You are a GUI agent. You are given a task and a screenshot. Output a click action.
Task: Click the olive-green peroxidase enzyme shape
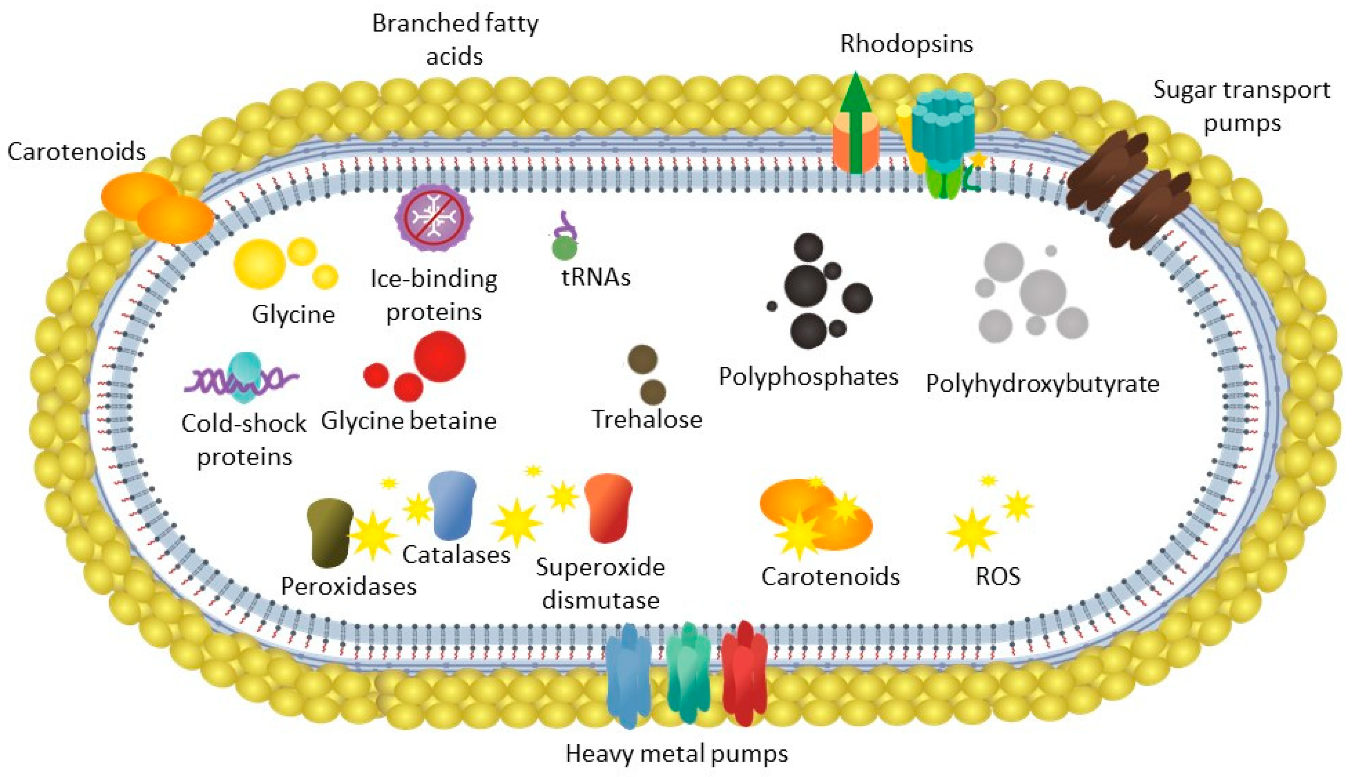(x=329, y=532)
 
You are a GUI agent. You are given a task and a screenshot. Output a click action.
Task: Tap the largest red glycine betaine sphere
(x=439, y=356)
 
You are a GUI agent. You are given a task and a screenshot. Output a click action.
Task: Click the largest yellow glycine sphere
(x=259, y=264)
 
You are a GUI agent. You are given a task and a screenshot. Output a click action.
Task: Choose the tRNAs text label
(x=596, y=277)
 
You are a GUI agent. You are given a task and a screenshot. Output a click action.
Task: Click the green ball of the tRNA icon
(x=564, y=249)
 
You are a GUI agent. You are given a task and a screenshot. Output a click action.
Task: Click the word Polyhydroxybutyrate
(x=1042, y=384)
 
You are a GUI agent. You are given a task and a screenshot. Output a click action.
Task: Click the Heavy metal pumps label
(x=676, y=754)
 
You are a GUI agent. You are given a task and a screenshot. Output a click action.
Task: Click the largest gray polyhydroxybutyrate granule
(x=1042, y=292)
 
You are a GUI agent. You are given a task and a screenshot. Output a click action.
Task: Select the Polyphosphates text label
(x=808, y=377)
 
